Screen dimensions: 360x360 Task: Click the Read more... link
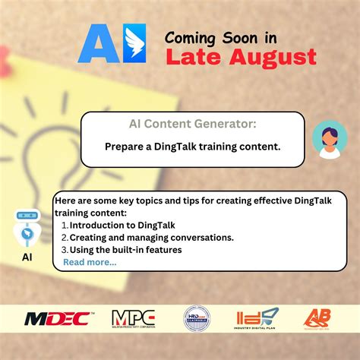[90, 262]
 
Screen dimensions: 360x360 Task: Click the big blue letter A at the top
[98, 43]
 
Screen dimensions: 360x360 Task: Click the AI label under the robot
[26, 257]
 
